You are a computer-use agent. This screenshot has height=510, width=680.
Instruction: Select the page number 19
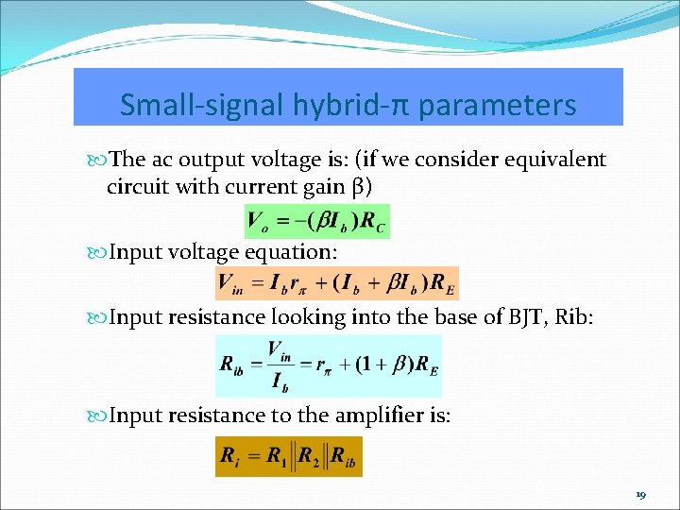pyautogui.click(x=641, y=496)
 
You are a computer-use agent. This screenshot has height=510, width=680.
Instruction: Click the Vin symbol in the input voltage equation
pyautogui.click(x=230, y=282)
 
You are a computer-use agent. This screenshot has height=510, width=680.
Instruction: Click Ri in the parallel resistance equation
pyautogui.click(x=229, y=456)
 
